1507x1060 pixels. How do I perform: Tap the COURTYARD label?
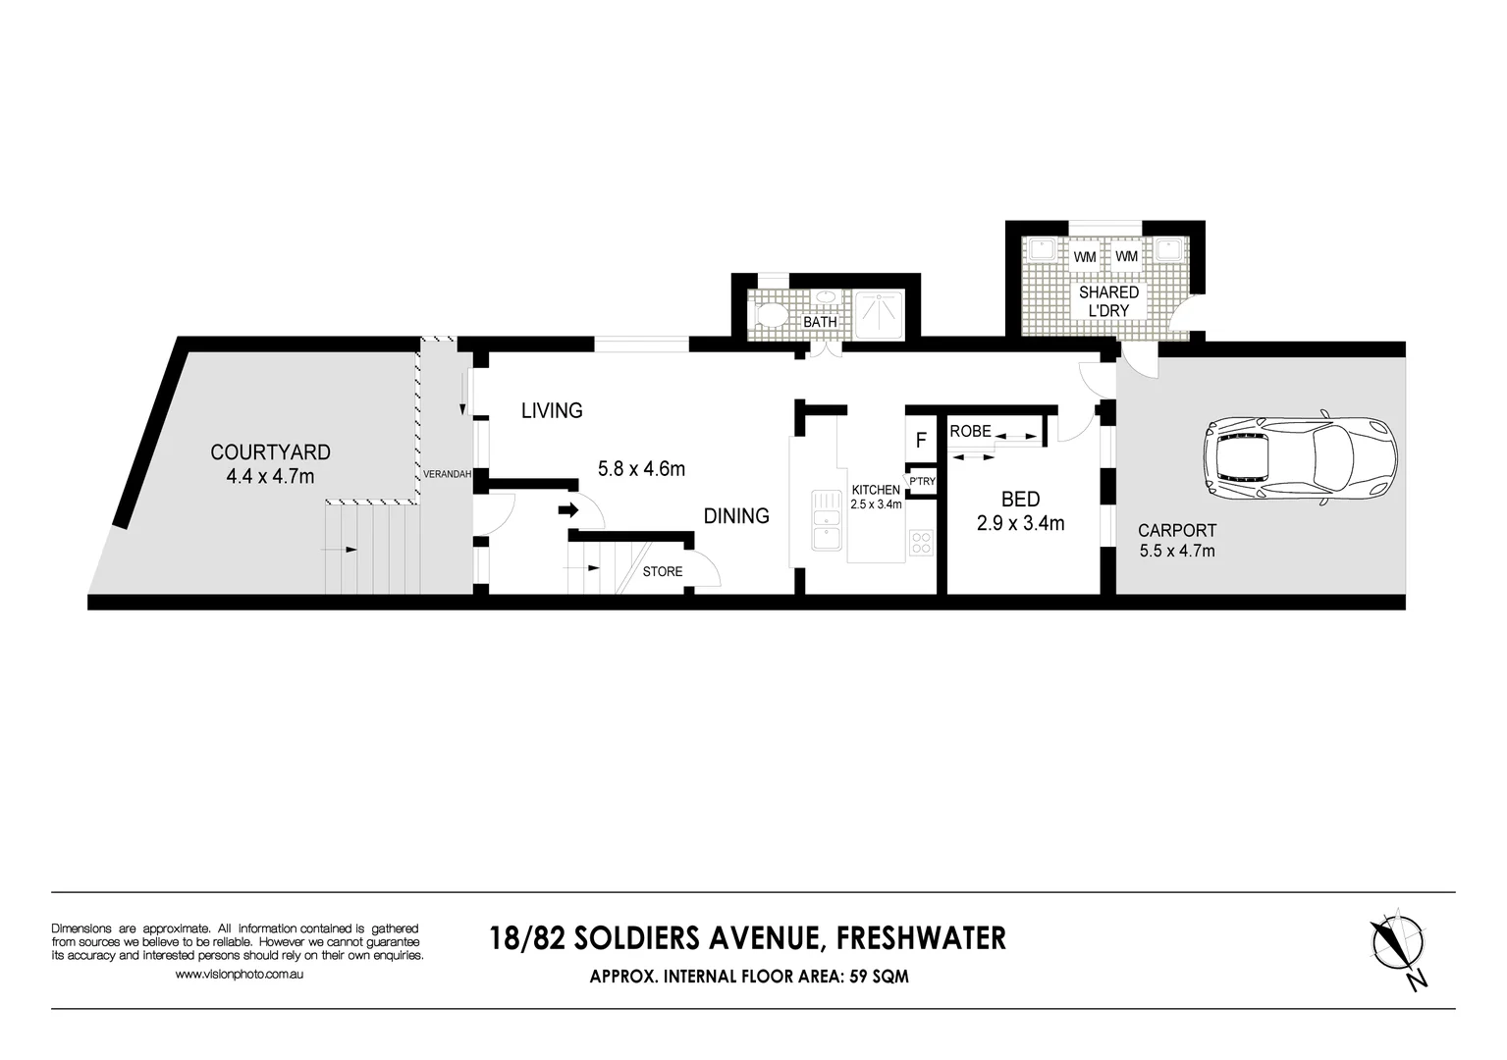click(x=270, y=452)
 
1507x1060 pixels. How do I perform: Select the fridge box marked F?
click(x=921, y=441)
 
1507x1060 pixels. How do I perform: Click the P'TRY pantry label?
click(x=922, y=482)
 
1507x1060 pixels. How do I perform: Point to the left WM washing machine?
click(x=1084, y=257)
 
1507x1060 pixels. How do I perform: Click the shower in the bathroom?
click(x=880, y=315)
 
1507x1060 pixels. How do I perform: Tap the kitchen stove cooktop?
click(x=921, y=542)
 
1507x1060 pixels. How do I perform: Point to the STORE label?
click(x=663, y=571)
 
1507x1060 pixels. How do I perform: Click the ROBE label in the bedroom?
click(x=970, y=431)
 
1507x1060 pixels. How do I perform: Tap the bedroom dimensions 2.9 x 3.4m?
click(x=1020, y=524)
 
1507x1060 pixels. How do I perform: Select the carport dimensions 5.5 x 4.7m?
click(x=1177, y=552)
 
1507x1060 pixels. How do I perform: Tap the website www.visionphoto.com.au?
click(x=239, y=975)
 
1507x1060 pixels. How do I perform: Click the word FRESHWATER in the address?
click(x=920, y=938)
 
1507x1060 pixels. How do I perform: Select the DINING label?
click(x=736, y=516)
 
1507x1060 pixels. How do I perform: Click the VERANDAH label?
click(x=448, y=475)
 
